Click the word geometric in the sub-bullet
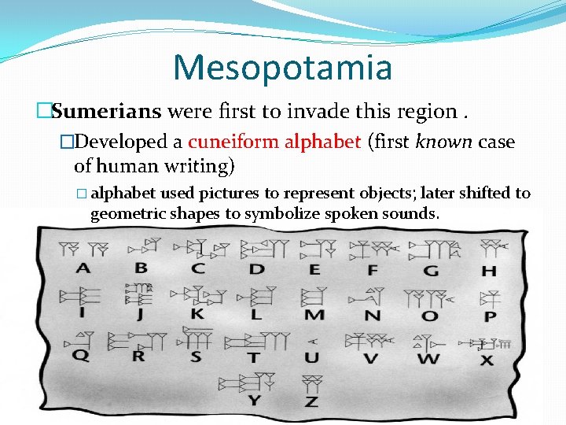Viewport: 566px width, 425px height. (122, 214)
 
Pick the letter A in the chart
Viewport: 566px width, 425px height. (83, 269)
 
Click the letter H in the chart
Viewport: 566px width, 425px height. (489, 271)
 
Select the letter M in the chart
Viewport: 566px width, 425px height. (314, 315)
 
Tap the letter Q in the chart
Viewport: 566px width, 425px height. (81, 355)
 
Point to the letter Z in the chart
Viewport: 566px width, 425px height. (312, 401)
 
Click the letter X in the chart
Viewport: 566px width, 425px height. (487, 360)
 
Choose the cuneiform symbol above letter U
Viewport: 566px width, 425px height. (313, 342)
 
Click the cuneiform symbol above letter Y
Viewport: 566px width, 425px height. (249, 382)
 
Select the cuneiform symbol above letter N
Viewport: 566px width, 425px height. (368, 297)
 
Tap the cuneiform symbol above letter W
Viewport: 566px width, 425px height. (428, 342)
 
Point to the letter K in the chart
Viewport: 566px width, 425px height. (197, 314)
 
